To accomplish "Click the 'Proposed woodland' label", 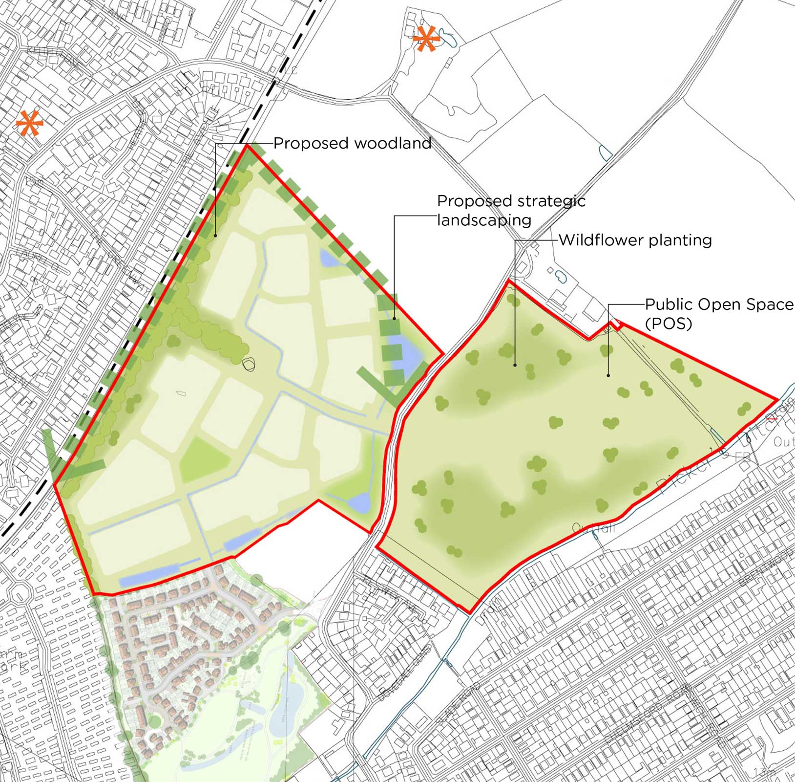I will click(352, 143).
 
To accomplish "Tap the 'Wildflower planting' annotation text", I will click(635, 240).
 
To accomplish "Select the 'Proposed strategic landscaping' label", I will click(511, 210).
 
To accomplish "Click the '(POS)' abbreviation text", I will click(669, 323).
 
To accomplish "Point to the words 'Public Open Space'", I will click(719, 304).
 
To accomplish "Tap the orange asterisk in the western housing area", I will click(29, 123).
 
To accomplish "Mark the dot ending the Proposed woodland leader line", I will click(215, 236).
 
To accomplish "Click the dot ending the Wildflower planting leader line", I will click(515, 365).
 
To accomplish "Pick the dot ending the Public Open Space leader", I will click(608, 375).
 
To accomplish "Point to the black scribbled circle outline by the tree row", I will click(249, 364).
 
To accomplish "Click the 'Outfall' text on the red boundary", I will click(593, 528).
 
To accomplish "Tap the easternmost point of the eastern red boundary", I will click(777, 400).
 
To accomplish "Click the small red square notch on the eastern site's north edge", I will click(617, 325).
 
